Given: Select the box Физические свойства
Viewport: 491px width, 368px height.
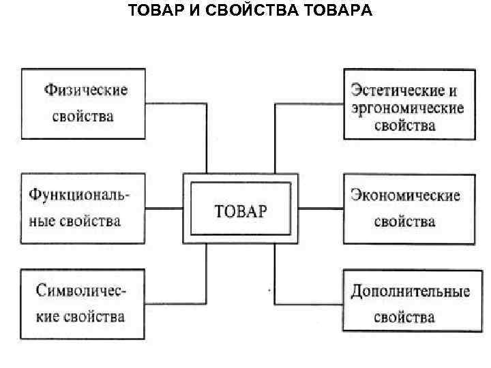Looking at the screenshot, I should pyautogui.click(x=83, y=103).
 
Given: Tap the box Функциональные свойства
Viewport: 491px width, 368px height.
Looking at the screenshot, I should pyautogui.click(x=83, y=207).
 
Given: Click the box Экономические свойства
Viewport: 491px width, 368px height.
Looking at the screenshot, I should pyautogui.click(x=408, y=209).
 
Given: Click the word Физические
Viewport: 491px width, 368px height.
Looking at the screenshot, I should pyautogui.click(x=86, y=90).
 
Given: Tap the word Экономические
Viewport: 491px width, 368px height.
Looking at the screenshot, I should pyautogui.click(x=405, y=196).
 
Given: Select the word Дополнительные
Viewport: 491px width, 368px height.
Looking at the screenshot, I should pyautogui.click(x=410, y=292).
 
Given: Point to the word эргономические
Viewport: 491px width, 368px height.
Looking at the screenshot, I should pyautogui.click(x=406, y=108).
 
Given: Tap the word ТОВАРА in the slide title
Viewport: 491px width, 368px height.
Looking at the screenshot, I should pyautogui.click(x=334, y=12).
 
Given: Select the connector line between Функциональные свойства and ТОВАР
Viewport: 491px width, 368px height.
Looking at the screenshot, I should pyautogui.click(x=164, y=208).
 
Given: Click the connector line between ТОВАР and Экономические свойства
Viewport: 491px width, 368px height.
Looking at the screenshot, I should pyautogui.click(x=321, y=208).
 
